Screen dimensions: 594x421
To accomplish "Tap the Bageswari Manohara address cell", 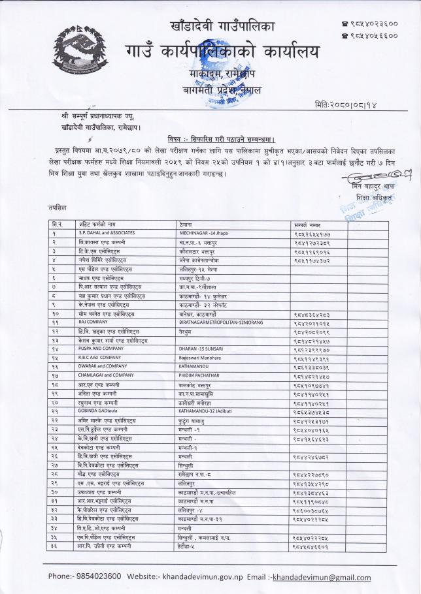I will (203, 357).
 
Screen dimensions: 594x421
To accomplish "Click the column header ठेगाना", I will (187, 224).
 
